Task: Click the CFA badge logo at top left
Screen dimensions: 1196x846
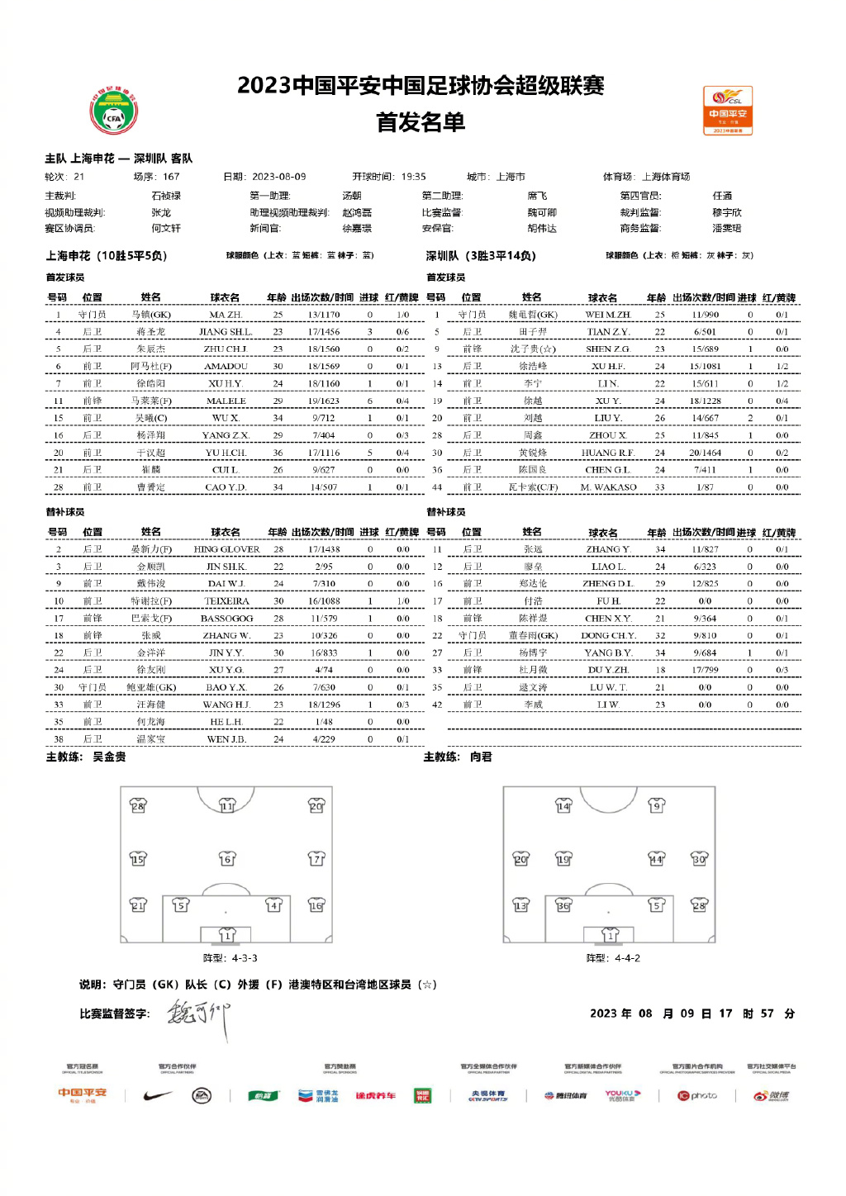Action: [113, 112]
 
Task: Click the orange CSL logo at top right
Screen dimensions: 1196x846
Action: [727, 110]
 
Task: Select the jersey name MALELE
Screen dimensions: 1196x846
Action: [226, 401]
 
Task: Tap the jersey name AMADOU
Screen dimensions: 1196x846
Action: [226, 366]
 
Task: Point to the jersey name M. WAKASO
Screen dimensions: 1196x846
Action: [608, 487]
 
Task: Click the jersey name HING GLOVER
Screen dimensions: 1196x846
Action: [226, 549]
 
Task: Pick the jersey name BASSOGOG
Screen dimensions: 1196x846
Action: [226, 618]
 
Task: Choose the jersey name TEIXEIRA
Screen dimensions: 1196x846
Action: [226, 601]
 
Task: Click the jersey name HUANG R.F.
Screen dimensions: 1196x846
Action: [607, 453]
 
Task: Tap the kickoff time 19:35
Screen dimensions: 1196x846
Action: [413, 177]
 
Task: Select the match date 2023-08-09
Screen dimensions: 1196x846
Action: [278, 177]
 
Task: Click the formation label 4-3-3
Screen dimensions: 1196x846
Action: [245, 958]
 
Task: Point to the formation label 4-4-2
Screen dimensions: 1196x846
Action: [626, 958]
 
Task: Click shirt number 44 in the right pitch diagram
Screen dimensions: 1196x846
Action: [656, 859]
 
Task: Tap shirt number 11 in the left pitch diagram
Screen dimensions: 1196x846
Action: [227, 805]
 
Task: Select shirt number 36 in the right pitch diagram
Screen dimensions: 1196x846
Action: [563, 905]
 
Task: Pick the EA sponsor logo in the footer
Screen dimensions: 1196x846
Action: [202, 1096]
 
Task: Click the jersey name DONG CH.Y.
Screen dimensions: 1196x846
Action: [607, 635]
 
